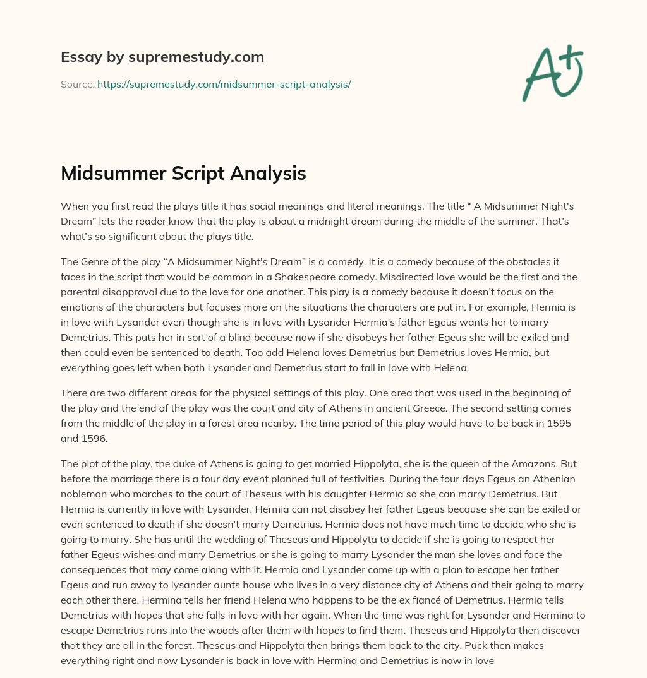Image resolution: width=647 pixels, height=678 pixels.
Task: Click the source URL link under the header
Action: coord(224,84)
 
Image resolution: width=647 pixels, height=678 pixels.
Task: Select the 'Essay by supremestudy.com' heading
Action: coord(162,57)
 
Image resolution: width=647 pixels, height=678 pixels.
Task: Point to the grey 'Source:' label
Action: coord(77,84)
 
